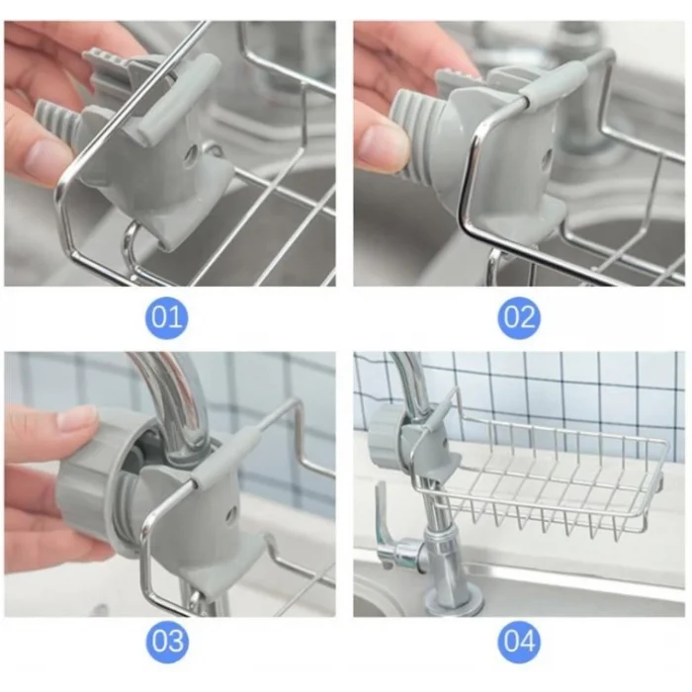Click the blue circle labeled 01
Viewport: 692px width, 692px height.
pyautogui.click(x=167, y=317)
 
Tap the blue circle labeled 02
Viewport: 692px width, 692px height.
pyautogui.click(x=519, y=317)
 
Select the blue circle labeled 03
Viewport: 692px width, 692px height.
pyautogui.click(x=167, y=641)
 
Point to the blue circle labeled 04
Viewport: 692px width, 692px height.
pyautogui.click(x=519, y=641)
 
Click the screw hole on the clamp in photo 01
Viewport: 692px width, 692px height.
pyautogui.click(x=192, y=155)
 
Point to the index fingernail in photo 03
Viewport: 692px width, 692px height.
pyautogui.click(x=77, y=418)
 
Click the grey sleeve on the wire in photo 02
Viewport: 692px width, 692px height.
pyautogui.click(x=554, y=83)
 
